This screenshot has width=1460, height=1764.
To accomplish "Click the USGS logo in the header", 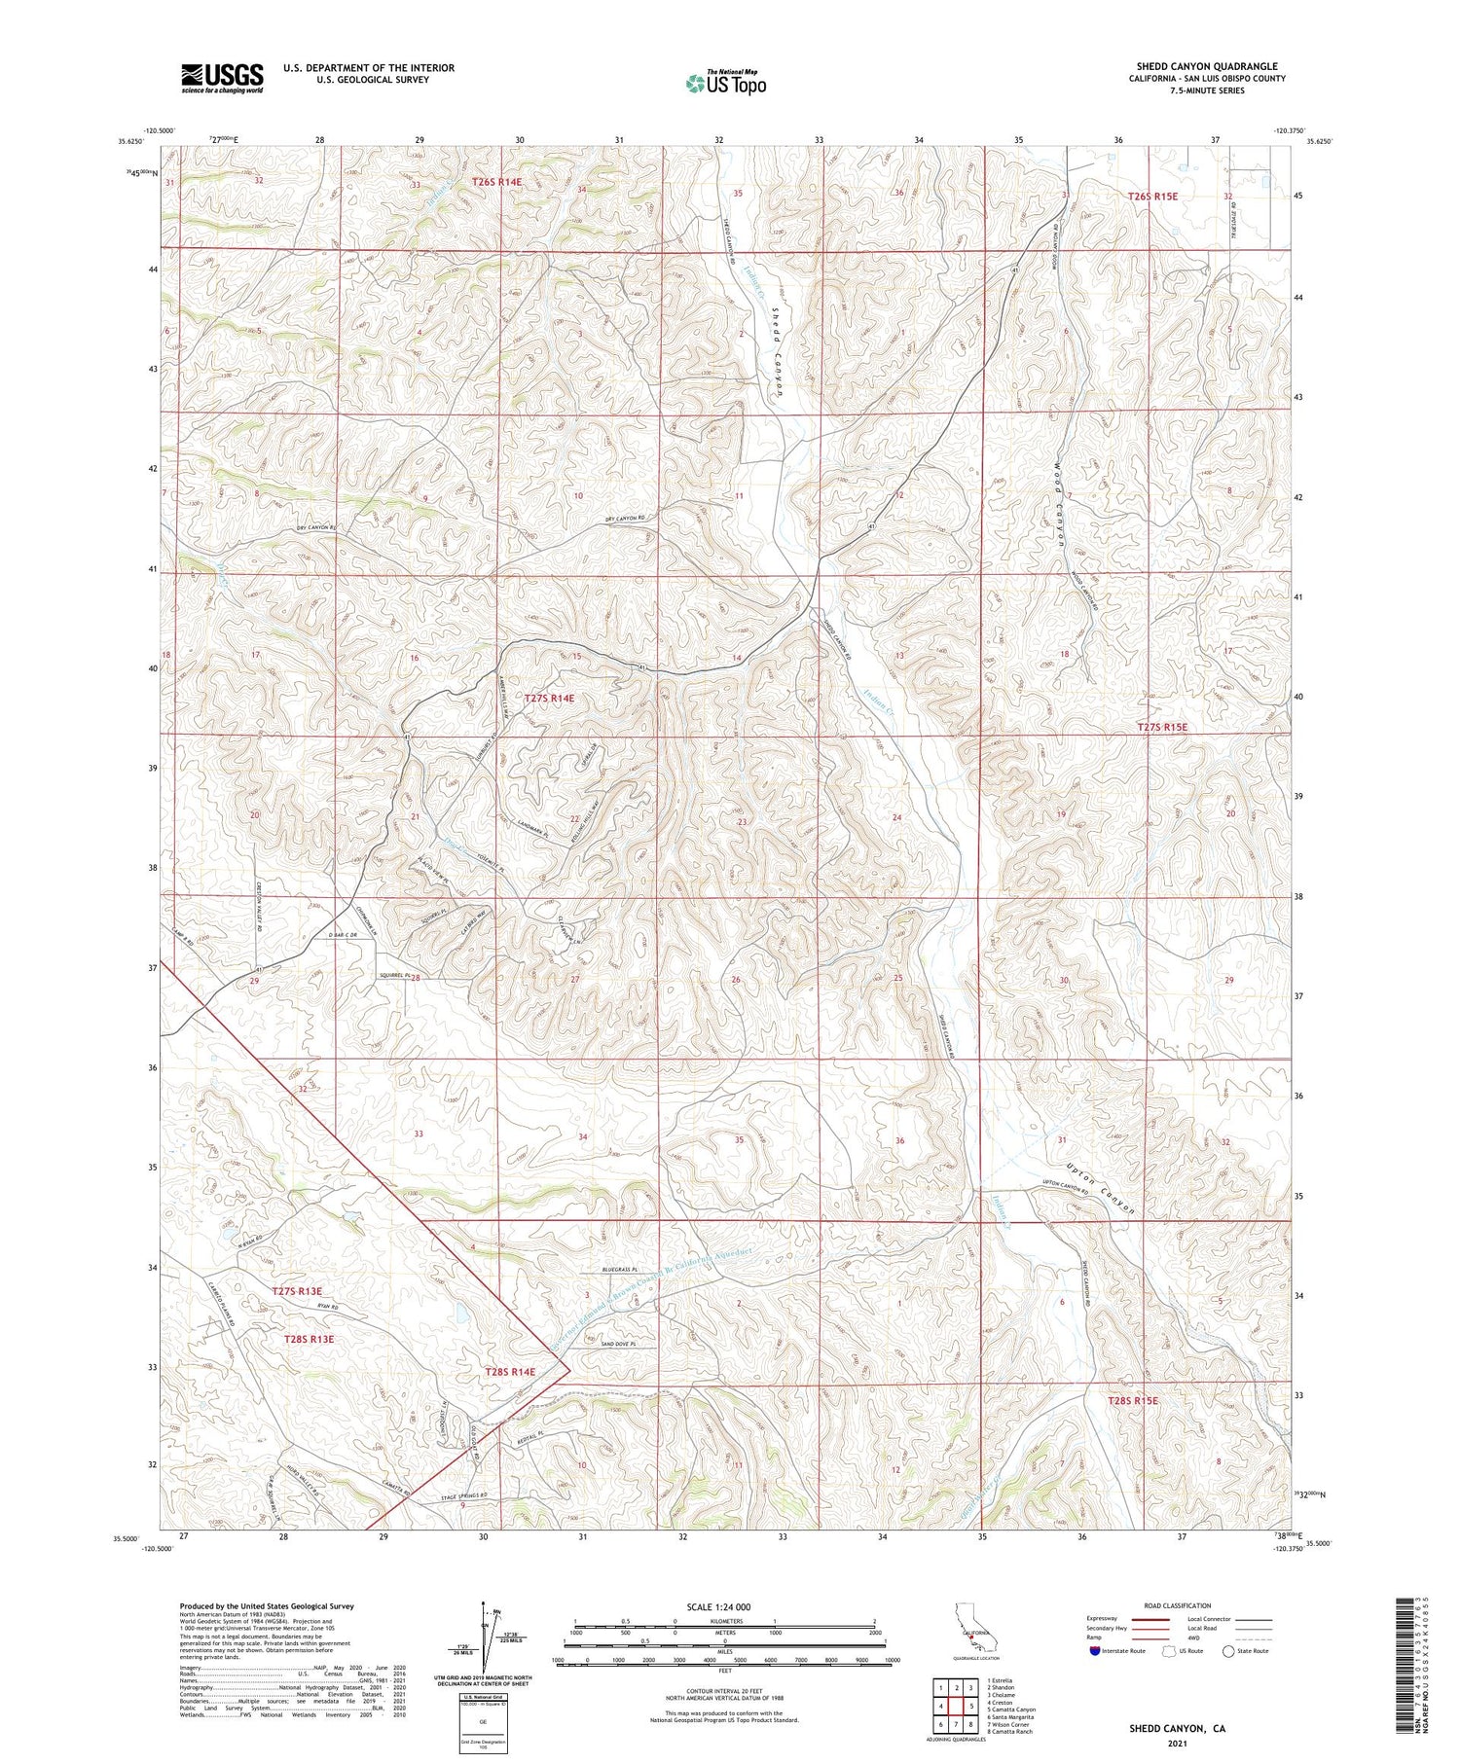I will pyautogui.click(x=222, y=78).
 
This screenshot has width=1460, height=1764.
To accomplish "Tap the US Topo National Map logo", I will pyautogui.click(x=725, y=84).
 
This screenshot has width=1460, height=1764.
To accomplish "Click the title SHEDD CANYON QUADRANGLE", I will pyautogui.click(x=1207, y=66).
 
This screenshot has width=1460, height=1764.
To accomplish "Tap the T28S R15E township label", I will pyautogui.click(x=1133, y=1400).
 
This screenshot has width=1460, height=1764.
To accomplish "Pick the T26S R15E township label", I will pyautogui.click(x=1152, y=196).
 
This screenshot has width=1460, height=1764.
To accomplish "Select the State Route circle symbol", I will pyautogui.click(x=1228, y=1651).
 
